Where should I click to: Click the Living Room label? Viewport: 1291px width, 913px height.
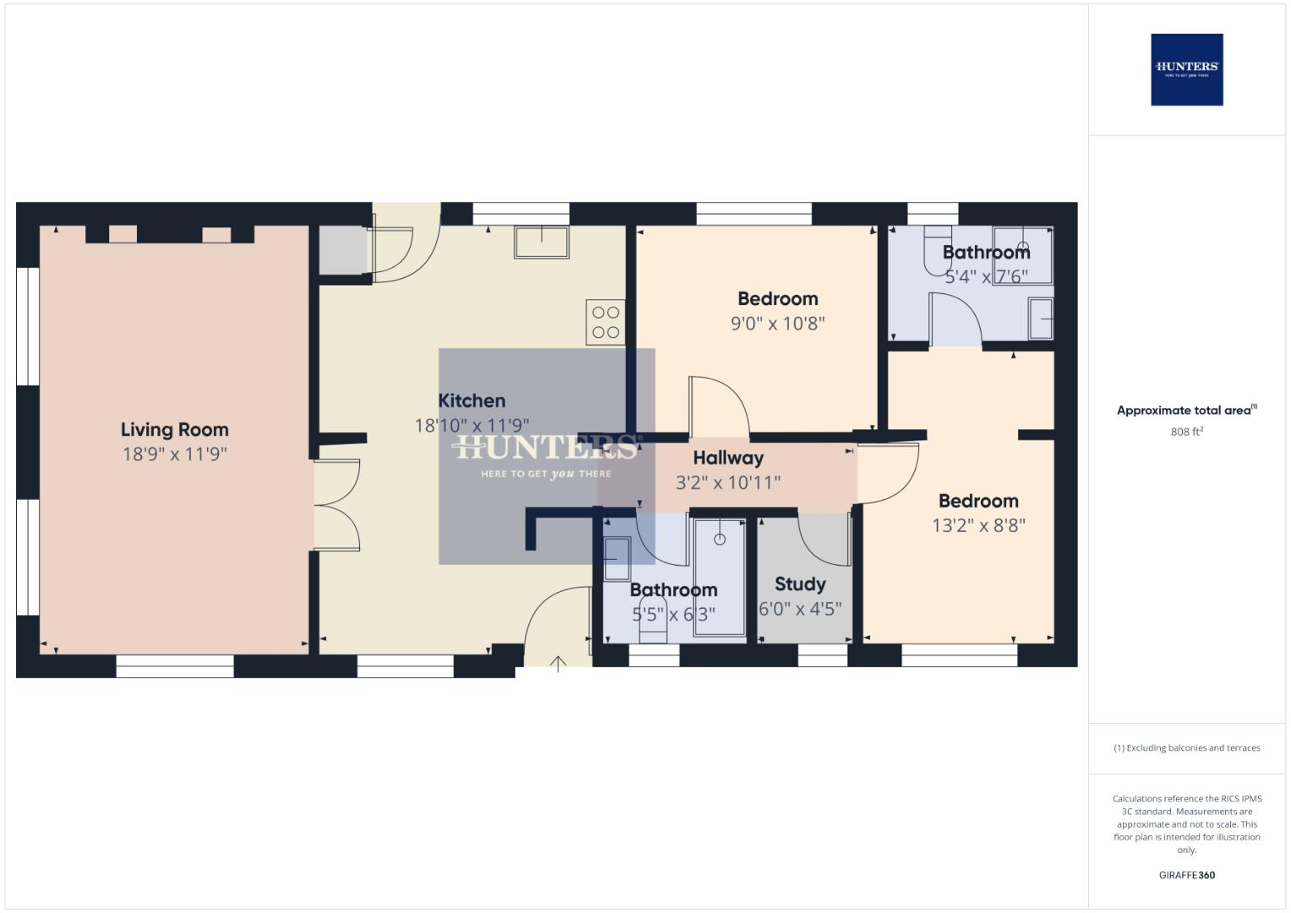point(174,429)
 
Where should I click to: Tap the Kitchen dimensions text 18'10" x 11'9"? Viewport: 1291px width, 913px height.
point(472,425)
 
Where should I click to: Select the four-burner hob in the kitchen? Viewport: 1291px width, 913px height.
point(605,322)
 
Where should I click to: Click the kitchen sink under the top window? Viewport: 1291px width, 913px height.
point(542,243)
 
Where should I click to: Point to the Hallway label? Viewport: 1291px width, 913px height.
point(728,458)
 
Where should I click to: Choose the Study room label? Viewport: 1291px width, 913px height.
point(800,584)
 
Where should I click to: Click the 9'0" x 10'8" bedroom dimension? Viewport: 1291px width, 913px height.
point(777,323)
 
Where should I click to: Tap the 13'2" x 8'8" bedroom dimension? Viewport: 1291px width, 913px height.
point(978,525)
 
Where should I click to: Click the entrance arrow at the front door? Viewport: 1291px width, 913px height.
point(558,664)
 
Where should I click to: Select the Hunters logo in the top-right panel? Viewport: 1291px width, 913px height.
point(1186,69)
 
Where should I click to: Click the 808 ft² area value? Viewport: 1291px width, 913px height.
point(1186,432)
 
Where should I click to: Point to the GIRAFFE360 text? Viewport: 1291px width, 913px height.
point(1186,875)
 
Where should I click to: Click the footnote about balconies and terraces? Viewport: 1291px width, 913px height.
point(1186,748)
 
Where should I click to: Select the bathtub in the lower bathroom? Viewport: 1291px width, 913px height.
point(719,577)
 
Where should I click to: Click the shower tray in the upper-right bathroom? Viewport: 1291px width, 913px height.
point(1023,255)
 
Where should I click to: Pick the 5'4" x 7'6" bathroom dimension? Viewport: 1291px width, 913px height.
point(986,276)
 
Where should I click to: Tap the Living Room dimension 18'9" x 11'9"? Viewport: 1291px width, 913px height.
point(174,454)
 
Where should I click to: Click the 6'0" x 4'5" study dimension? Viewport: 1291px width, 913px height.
point(800,609)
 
